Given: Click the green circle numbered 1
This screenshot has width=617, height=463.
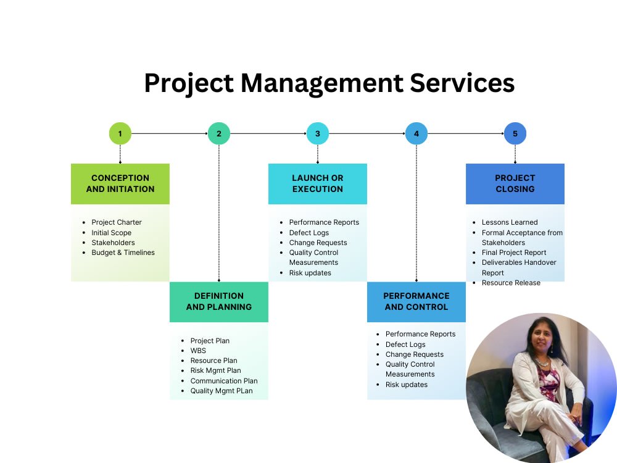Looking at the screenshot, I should click(x=120, y=133).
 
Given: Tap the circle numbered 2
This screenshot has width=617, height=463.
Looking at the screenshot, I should click(x=219, y=133).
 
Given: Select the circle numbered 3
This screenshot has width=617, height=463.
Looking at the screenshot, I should click(x=318, y=133).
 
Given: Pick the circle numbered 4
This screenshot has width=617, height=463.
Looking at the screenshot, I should click(x=416, y=133).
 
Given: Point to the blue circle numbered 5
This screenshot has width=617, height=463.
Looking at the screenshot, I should click(x=515, y=133).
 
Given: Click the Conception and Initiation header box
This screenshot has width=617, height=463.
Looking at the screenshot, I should click(x=120, y=183).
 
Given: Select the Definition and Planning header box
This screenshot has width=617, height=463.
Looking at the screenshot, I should click(x=219, y=301).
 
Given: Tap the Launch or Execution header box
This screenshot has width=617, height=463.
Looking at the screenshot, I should click(x=318, y=183).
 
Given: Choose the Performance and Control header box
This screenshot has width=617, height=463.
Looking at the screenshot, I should click(x=416, y=301).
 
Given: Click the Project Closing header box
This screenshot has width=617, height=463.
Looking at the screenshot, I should click(x=515, y=183).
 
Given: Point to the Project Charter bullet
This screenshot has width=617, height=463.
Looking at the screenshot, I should click(x=117, y=222).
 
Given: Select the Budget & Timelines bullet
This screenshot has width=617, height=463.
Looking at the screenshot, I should click(x=123, y=252).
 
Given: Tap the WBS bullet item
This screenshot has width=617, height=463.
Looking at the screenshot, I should click(x=198, y=351).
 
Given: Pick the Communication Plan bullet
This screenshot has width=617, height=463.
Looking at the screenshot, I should click(x=224, y=381).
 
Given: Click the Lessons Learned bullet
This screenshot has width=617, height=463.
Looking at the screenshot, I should click(x=510, y=222).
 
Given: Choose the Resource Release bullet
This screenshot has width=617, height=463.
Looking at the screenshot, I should click(x=511, y=283).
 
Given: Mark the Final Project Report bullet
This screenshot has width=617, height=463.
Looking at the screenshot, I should click(x=514, y=252).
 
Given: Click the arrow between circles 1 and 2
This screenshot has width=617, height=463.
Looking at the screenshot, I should click(x=170, y=133).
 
